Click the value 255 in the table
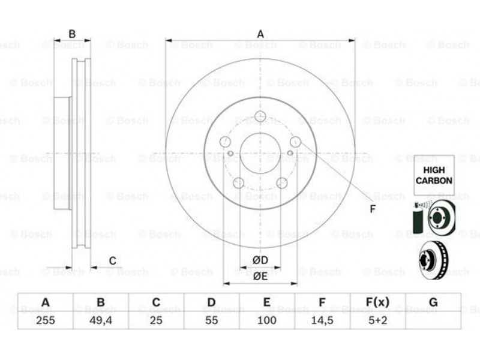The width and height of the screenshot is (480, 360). click(x=46, y=320)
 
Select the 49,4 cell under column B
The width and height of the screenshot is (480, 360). click(x=101, y=320)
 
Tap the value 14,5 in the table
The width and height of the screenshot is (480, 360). click(x=322, y=320)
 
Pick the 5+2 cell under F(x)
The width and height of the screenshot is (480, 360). click(x=378, y=320)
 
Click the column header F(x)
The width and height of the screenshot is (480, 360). click(x=377, y=302)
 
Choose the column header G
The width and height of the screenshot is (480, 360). click(x=433, y=302)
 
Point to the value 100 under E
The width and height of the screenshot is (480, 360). click(x=266, y=320)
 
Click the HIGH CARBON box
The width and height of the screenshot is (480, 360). click(x=434, y=175)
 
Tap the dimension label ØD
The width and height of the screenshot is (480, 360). click(x=260, y=260)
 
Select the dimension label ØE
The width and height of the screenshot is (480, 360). click(x=260, y=276)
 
